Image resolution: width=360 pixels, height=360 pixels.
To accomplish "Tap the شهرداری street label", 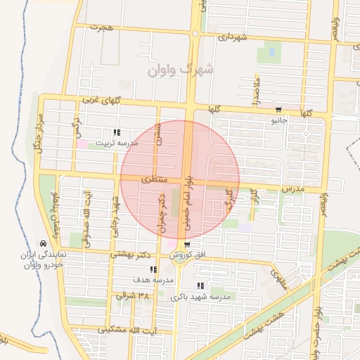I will pos(233,37).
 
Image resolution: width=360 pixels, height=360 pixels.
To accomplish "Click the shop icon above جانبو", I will pos(279,110).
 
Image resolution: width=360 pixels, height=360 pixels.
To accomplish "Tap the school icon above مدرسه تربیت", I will pos(117,132).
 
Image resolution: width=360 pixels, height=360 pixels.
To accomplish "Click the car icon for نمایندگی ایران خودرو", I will pos(44,243).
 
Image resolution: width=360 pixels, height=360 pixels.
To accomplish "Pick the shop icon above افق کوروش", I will pos(186,245).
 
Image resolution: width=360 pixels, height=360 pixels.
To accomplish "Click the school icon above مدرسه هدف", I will pos(153,269).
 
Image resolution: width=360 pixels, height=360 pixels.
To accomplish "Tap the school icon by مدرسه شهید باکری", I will pos(201,286).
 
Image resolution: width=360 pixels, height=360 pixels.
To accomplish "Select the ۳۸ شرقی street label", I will pos(133,297).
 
